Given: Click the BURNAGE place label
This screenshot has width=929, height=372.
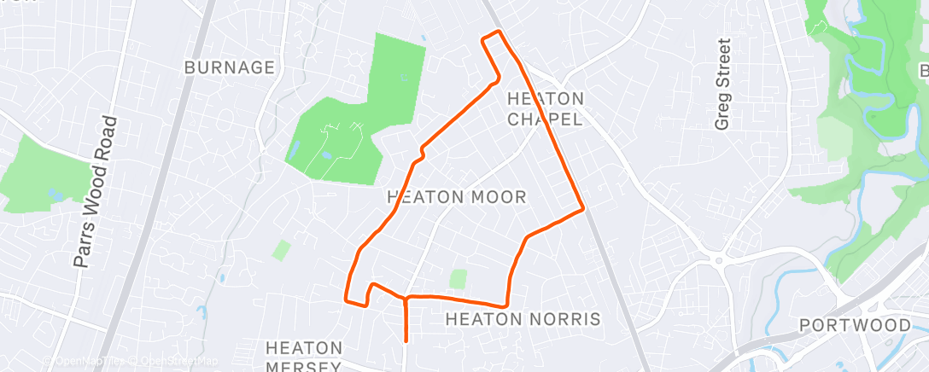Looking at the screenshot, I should click(230, 67).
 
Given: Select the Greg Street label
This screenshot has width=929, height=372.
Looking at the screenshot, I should click(723, 84).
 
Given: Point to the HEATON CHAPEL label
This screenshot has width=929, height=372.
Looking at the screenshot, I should click(546, 108).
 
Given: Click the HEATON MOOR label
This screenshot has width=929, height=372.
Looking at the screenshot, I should click(457, 197).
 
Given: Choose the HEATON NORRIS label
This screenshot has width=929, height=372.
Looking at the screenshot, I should click(523, 319).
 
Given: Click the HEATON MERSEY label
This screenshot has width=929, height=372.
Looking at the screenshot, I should click(304, 357).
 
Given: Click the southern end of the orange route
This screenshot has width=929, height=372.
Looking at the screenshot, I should click(405, 340).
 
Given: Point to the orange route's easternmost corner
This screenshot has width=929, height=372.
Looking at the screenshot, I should click(582, 207).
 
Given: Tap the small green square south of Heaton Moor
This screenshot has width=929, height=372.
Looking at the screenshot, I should click(459, 279).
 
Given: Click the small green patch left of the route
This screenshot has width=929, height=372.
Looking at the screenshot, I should click(282, 250).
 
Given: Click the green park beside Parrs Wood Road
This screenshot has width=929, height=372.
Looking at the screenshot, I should click(43, 175).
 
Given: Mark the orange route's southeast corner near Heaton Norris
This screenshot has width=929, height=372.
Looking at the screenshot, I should click(506, 304).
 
